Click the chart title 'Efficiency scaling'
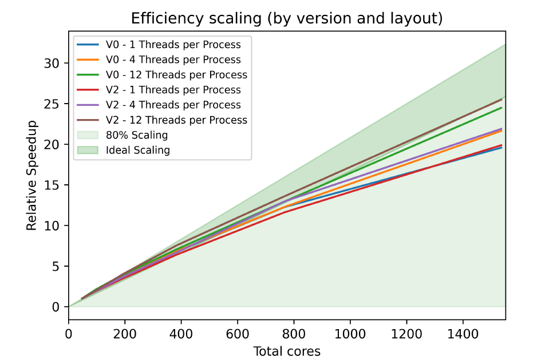click(287, 18)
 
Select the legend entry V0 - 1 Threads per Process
click(173, 45)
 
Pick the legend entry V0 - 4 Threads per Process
click(173, 60)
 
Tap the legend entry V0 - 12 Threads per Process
click(176, 75)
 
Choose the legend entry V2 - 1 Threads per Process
click(173, 90)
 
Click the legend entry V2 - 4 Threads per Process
click(173, 105)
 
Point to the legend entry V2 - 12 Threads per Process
click(176, 120)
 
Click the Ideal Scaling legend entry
click(137, 151)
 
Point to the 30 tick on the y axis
click(53, 63)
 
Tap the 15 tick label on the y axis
click(53, 185)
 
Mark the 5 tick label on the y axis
click(56, 266)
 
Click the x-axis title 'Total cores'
click(287, 351)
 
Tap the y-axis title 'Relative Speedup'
click(32, 175)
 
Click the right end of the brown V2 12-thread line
click(502, 99)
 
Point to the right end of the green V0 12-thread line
click(502, 108)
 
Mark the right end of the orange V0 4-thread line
click(502, 130)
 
